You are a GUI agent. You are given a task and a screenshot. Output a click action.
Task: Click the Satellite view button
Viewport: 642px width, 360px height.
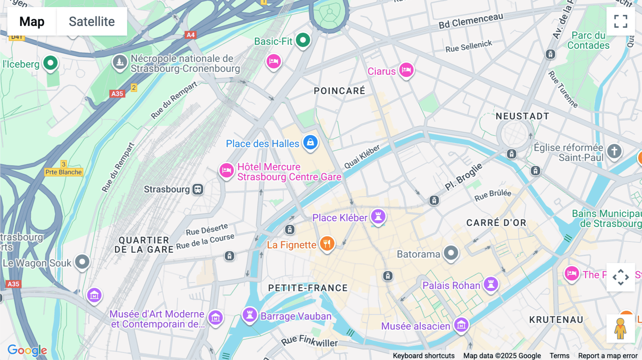click(92, 21)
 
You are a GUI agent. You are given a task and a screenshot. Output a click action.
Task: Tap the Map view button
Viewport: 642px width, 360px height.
click(32, 21)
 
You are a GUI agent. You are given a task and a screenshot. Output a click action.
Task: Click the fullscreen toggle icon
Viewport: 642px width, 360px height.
click(621, 21)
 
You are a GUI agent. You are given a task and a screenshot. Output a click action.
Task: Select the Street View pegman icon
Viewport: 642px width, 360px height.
click(620, 328)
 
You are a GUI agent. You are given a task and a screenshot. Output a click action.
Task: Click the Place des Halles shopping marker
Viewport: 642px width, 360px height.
click(310, 142)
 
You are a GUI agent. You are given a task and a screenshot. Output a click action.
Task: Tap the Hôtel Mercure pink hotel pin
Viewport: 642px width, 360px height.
click(226, 170)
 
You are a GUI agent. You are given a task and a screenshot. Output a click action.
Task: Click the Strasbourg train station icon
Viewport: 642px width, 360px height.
click(198, 189)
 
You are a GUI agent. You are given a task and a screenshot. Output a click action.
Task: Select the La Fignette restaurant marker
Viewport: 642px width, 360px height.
click(327, 243)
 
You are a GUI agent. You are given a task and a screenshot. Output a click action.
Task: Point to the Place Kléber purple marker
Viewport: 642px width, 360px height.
click(378, 216)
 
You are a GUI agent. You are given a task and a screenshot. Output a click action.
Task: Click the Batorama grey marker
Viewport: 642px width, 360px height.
click(451, 253)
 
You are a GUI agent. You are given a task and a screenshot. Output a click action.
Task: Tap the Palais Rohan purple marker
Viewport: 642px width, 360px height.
click(491, 284)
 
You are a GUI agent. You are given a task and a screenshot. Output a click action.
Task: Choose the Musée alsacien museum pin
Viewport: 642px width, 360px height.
click(461, 325)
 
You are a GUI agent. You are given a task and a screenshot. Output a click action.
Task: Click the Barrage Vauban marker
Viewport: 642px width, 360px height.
click(250, 315)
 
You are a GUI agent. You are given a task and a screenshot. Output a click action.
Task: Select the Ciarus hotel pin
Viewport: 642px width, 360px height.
click(406, 70)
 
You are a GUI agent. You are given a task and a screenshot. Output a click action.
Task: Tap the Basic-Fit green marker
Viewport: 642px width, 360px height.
click(303, 40)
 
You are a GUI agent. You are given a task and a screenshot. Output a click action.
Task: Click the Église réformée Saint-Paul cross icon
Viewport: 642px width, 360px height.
click(614, 151)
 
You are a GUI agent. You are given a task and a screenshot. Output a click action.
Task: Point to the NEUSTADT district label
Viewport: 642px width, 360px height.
click(522, 116)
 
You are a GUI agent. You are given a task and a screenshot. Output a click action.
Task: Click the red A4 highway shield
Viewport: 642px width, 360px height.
click(190, 35)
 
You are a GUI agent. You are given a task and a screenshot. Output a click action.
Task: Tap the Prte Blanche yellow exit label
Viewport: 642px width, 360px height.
click(64, 172)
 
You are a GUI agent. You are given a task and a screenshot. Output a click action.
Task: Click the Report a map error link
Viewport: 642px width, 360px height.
click(607, 356)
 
